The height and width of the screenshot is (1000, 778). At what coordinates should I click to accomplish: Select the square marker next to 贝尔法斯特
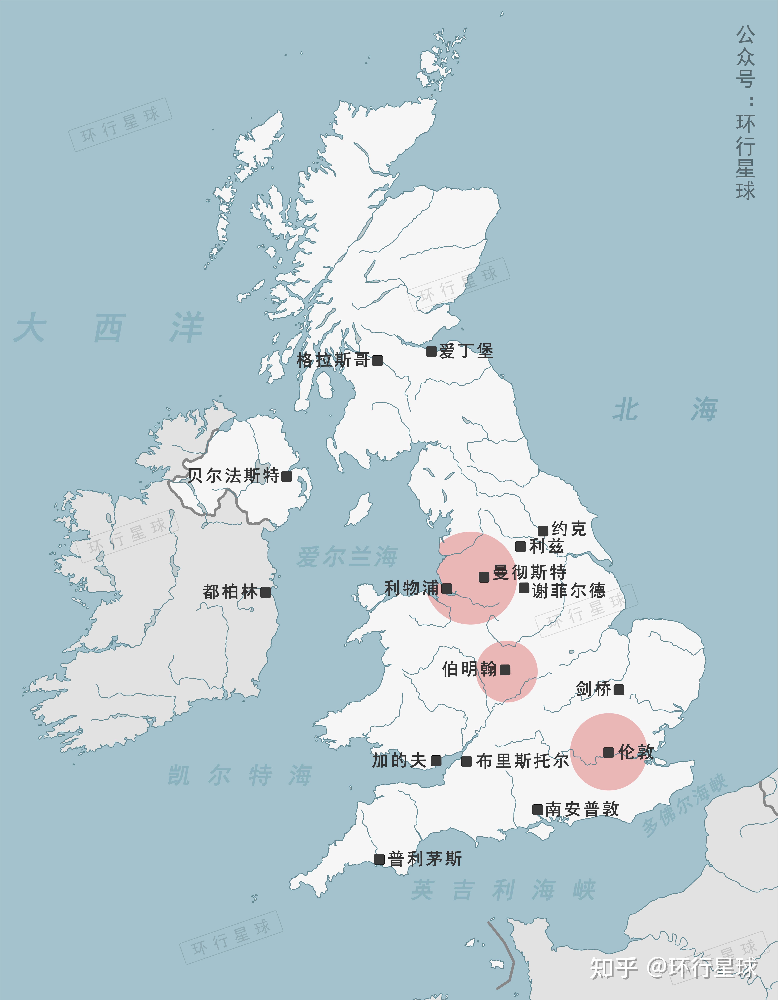click(x=287, y=476)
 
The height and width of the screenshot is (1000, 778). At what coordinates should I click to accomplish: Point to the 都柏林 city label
click(x=230, y=592)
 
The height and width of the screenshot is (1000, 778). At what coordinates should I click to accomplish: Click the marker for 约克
click(x=543, y=531)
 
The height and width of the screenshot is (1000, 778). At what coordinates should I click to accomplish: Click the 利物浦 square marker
click(x=446, y=589)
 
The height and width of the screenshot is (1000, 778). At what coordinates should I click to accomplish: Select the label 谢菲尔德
click(x=569, y=591)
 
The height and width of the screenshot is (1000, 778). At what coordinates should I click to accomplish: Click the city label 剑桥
click(x=593, y=689)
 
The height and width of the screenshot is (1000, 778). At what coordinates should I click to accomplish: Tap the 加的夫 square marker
click(x=436, y=761)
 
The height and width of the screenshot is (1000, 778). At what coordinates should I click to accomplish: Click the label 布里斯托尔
click(x=523, y=761)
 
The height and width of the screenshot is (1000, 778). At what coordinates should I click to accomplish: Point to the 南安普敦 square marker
click(x=538, y=810)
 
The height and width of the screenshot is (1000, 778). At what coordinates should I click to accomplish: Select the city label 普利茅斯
click(x=425, y=859)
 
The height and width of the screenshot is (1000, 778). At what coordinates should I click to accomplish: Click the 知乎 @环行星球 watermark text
click(x=673, y=968)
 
